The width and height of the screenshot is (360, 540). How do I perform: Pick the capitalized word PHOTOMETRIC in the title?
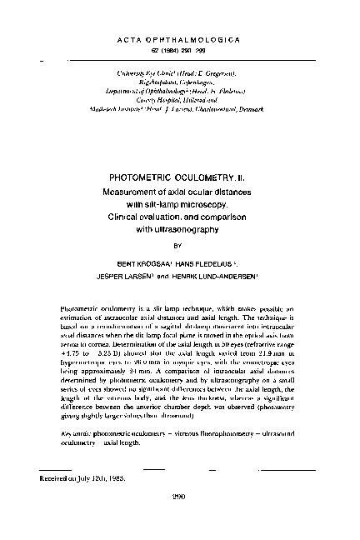(x=142, y=177)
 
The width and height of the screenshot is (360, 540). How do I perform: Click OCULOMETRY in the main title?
(x=203, y=177)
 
